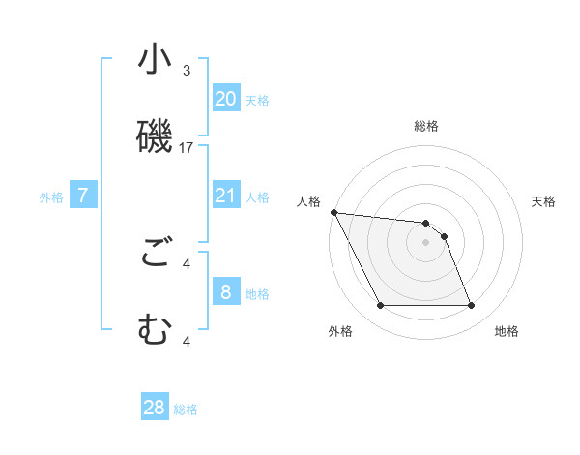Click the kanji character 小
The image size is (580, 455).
click(155, 60)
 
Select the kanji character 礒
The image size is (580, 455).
click(155, 135)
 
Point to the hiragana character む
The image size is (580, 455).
click(155, 329)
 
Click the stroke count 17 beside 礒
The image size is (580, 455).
click(187, 148)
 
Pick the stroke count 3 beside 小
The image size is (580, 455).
click(187, 71)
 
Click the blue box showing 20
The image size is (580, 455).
click(226, 99)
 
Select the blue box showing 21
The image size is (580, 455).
click(226, 197)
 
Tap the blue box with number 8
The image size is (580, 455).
click(226, 292)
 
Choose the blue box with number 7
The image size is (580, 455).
click(83, 197)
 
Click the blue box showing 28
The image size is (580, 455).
click(155, 408)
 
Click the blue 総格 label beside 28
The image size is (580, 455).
click(186, 409)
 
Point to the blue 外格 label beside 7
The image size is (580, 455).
click(51, 197)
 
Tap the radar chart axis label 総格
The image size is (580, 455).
click(426, 126)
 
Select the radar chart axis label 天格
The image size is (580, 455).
click(544, 201)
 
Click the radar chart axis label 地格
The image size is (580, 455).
click(507, 331)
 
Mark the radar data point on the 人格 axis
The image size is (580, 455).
click(333, 212)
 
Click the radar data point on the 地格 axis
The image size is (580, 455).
click(471, 306)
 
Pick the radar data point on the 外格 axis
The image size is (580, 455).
click(381, 306)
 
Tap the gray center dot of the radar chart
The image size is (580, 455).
click(426, 242)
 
